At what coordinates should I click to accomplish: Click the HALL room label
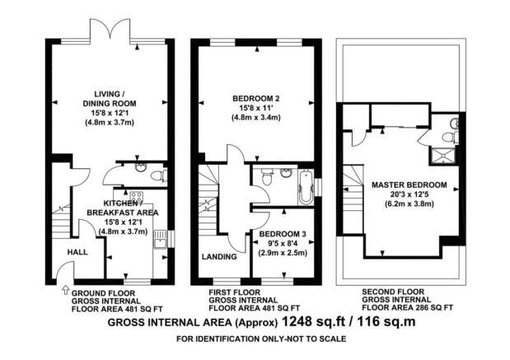pyautogui.click(x=77, y=252)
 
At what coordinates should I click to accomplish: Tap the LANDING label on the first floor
pyautogui.click(x=219, y=256)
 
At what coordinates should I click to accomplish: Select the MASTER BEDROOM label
pyautogui.click(x=409, y=185)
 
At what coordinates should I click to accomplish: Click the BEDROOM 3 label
pyautogui.click(x=283, y=234)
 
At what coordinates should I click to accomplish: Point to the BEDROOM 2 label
pyautogui.click(x=256, y=98)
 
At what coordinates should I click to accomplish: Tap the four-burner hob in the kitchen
pyautogui.click(x=136, y=197)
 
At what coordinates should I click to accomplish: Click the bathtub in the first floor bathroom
pyautogui.click(x=306, y=187)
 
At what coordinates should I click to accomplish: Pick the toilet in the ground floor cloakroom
pyautogui.click(x=159, y=176)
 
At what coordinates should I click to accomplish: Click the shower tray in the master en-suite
pyautogui.click(x=442, y=157)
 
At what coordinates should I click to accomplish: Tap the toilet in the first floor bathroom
pyautogui.click(x=268, y=177)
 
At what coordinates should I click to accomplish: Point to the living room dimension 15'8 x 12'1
pyautogui.click(x=110, y=113)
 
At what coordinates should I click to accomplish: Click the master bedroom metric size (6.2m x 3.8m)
pyautogui.click(x=409, y=204)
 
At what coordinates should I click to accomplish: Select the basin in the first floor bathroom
pyautogui.click(x=286, y=173)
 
